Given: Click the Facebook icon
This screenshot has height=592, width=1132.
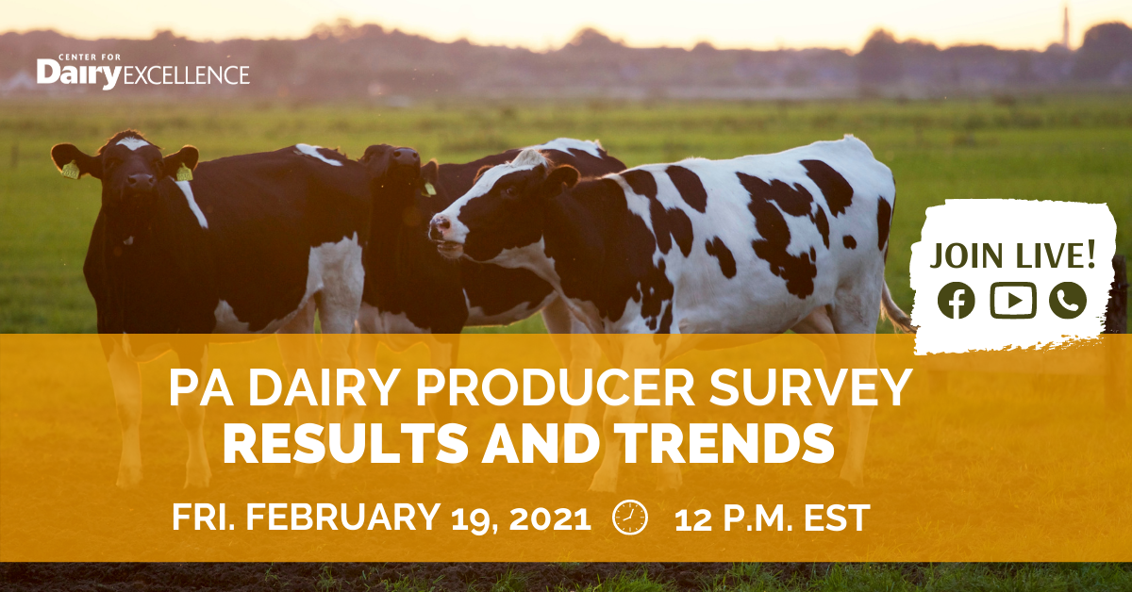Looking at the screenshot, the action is coord(957,301).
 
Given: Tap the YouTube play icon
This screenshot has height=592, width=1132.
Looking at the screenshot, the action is coord(1013,301).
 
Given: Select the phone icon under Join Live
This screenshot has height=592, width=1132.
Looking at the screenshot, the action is coord(1068,301).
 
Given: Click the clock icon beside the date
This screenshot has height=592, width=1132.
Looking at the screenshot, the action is coord(630,518).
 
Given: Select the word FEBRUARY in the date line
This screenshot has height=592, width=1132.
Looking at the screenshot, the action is coord(342,517).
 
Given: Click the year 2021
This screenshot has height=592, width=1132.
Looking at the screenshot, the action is coord(550,518).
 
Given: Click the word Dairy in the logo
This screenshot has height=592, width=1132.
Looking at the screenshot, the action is coord(79,74).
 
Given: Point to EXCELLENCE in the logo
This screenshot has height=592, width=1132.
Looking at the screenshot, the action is coord(186,74).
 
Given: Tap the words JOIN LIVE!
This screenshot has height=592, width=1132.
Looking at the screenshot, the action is coord(1012,255).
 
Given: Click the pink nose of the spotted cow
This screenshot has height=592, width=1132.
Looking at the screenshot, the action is coord(439,227).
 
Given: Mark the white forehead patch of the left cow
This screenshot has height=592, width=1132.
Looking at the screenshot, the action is coord(131,143).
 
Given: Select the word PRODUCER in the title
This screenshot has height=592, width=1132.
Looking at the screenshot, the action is coord(555,388).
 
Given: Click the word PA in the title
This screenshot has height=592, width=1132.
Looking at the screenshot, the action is coord(201,388).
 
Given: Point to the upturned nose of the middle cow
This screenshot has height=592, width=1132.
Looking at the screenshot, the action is coord(406,156).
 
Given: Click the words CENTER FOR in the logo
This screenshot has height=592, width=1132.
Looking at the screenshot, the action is coord(90,58).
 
